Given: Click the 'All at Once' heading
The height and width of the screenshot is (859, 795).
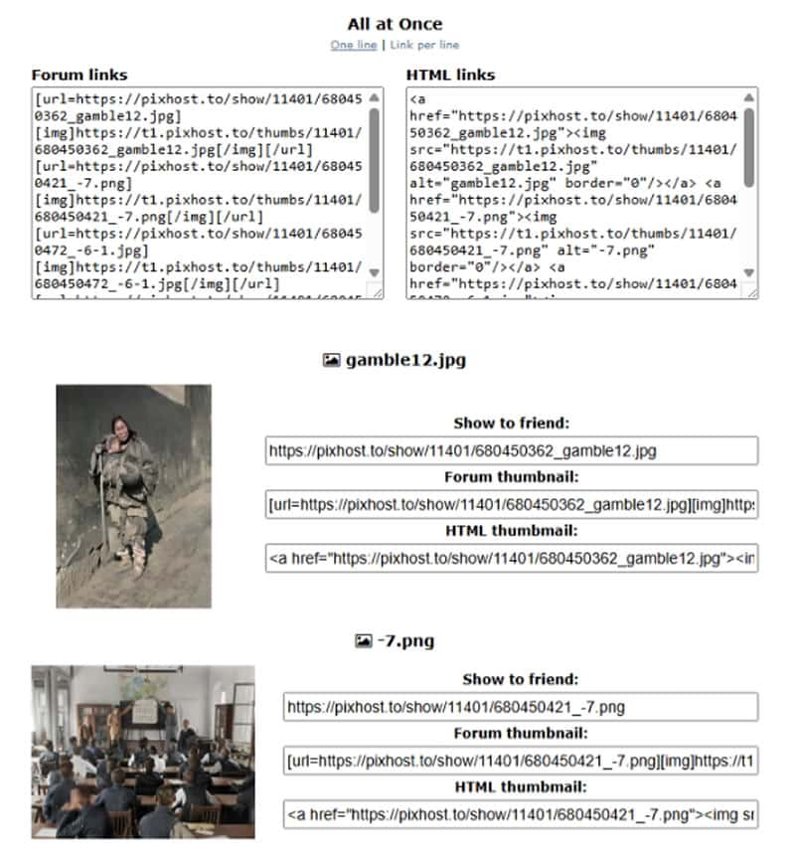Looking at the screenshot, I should pyautogui.click(x=395, y=24).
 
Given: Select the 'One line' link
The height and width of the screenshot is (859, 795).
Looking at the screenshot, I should pyautogui.click(x=354, y=45).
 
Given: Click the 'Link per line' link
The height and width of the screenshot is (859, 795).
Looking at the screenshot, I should pyautogui.click(x=424, y=45).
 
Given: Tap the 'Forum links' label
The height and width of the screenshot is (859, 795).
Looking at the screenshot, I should pyautogui.click(x=79, y=75).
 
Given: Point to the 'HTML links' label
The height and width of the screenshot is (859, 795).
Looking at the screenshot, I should pyautogui.click(x=450, y=75).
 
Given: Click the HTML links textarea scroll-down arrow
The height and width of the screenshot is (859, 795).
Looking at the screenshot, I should pyautogui.click(x=749, y=272).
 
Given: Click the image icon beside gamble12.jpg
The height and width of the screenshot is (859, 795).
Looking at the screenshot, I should pyautogui.click(x=332, y=360).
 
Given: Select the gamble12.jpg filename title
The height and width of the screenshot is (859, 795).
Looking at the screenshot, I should pyautogui.click(x=405, y=360).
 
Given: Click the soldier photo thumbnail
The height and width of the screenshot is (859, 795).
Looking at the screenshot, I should pyautogui.click(x=133, y=495).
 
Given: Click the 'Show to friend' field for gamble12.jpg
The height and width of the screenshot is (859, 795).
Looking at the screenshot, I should pyautogui.click(x=511, y=450).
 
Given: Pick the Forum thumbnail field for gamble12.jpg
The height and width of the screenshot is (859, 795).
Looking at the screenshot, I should pyautogui.click(x=511, y=504).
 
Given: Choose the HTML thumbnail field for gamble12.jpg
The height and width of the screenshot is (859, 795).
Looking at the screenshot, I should pyautogui.click(x=511, y=558).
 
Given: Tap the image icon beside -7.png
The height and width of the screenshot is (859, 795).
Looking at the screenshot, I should pyautogui.click(x=363, y=641).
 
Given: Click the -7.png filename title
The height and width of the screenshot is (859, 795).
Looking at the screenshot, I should pyautogui.click(x=405, y=641).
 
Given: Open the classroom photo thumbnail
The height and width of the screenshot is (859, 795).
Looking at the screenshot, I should pyautogui.click(x=142, y=752).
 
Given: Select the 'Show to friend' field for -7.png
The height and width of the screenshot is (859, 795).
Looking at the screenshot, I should pyautogui.click(x=520, y=707).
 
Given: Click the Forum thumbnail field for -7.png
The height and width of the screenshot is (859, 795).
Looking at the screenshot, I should pyautogui.click(x=520, y=762).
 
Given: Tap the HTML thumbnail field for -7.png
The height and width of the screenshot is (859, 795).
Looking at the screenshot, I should pyautogui.click(x=520, y=814).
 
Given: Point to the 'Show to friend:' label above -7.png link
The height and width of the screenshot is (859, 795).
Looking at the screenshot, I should pyautogui.click(x=520, y=680).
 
